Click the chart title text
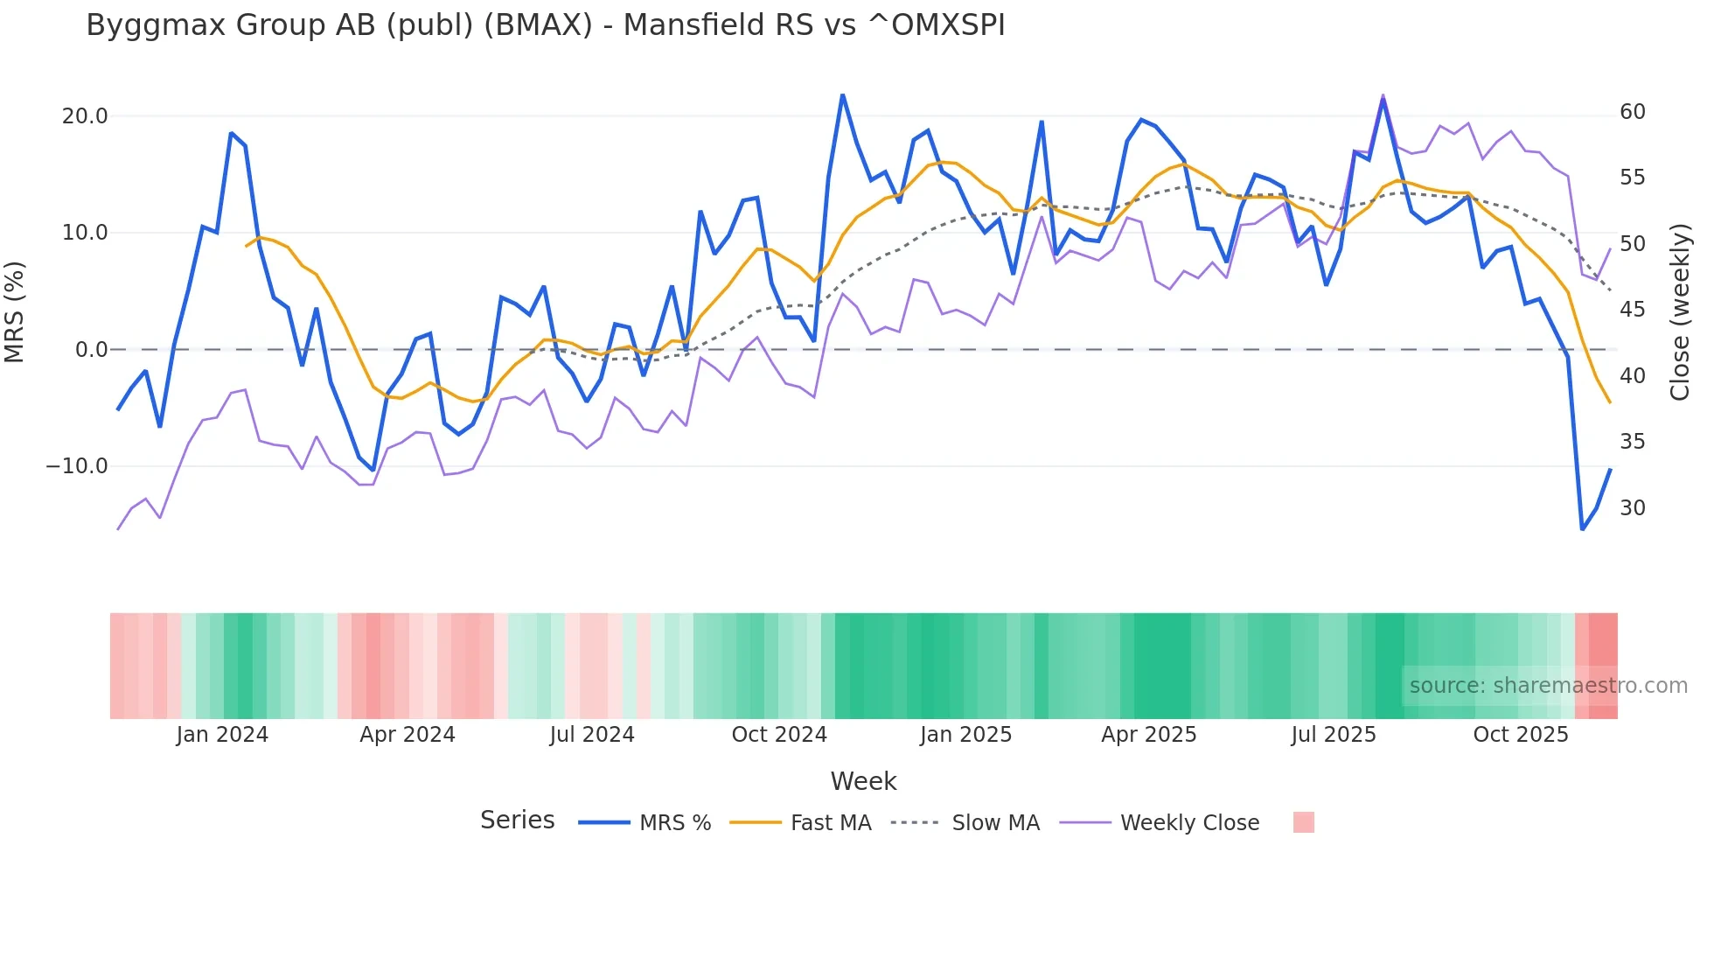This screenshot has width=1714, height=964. coord(546,25)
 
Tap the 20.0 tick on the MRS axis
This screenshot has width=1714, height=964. coord(85,116)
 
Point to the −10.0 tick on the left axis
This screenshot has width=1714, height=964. coord(77,466)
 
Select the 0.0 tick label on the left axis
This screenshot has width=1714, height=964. coord(92,350)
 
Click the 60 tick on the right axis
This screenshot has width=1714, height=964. coord(1633,112)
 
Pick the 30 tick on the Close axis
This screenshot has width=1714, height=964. coord(1633,508)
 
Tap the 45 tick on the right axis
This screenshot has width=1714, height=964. coord(1633,310)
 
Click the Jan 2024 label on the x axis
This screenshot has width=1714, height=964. coord(222,735)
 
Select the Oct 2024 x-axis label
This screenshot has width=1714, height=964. coord(779,735)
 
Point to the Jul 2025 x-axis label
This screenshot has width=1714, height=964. coord(1334,735)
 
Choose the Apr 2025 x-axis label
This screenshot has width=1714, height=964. coord(1149,735)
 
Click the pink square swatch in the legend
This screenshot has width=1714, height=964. coord(1304,822)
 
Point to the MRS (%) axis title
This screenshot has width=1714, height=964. coord(15,311)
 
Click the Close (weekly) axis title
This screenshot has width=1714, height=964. coord(1680,312)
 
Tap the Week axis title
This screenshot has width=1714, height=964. coord(863,781)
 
